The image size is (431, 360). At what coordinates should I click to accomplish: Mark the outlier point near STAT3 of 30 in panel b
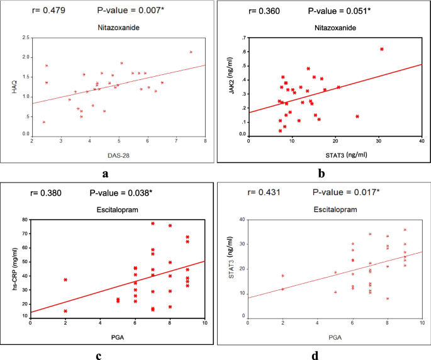382,49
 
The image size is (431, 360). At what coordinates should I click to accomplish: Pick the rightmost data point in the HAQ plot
191,52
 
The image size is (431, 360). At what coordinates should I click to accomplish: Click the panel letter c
99,356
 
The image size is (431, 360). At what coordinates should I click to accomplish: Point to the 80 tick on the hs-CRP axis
24,220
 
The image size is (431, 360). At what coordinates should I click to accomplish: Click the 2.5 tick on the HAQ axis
25,38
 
